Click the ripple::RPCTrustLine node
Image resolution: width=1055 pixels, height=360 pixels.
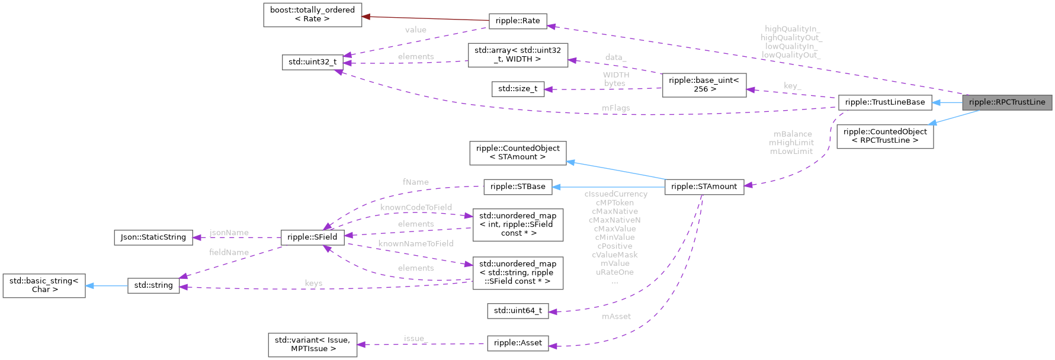1007,102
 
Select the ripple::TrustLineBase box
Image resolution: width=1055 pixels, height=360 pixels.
884,102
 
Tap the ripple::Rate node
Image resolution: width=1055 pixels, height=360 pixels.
517,21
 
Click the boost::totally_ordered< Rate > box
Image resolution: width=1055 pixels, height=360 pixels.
312,14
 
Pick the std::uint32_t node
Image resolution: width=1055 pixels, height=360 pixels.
312,62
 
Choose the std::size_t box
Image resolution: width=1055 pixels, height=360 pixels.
517,89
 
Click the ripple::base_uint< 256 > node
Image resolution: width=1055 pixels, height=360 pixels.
704,85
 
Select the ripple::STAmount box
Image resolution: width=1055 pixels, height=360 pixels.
704,186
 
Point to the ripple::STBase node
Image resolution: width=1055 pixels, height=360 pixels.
517,186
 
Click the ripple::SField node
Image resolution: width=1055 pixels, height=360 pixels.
312,237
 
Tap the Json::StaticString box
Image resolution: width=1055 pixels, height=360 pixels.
153,237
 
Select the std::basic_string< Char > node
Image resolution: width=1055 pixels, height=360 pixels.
44,285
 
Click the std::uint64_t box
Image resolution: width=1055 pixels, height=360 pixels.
517,310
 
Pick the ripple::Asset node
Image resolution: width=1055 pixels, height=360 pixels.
517,343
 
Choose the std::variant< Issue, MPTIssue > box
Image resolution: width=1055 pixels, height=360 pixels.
312,344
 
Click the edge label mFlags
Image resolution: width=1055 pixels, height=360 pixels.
615,108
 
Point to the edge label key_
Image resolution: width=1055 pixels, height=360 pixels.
792,86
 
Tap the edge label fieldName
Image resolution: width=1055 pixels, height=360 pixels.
229,252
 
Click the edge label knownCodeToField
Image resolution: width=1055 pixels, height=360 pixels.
416,207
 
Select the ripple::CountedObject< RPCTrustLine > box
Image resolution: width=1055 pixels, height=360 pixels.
884,136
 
